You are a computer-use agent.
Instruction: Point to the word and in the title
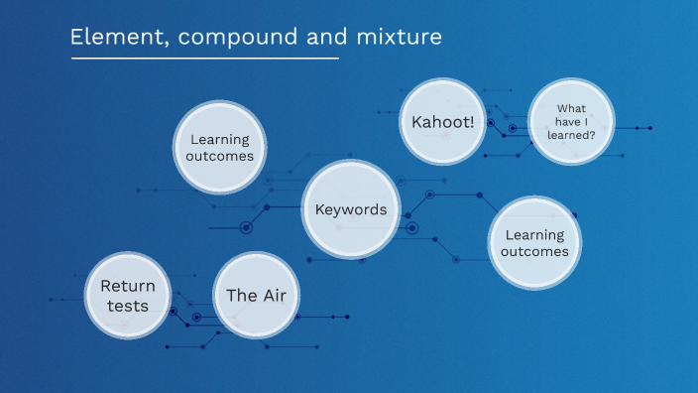[312, 38]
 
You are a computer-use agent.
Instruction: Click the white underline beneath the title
[204, 58]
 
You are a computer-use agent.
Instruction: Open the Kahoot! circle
[443, 122]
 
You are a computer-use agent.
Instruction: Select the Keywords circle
[350, 209]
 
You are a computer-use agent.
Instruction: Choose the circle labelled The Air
[256, 295]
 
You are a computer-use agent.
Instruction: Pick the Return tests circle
[127, 295]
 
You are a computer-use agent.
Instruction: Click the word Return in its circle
[127, 286]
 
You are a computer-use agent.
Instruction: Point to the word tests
[128, 306]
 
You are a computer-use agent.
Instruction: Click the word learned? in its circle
[575, 135]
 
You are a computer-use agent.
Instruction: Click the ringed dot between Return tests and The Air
[196, 317]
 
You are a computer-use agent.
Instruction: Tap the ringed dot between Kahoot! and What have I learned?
[512, 128]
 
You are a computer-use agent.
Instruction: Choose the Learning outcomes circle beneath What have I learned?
[534, 243]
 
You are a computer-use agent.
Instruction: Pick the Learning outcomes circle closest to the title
[220, 148]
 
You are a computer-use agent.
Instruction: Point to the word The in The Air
[240, 295]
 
